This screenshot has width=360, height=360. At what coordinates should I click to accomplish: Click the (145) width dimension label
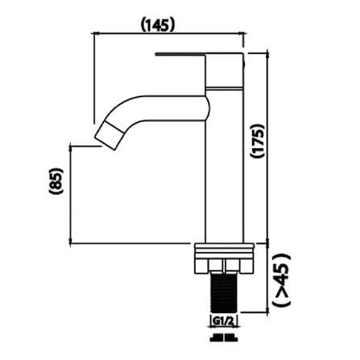(158, 25)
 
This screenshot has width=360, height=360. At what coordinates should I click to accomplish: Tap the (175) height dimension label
(258, 141)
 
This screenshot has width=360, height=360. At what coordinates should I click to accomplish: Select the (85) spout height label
(56, 180)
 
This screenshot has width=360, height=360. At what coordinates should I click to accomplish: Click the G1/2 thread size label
(222, 321)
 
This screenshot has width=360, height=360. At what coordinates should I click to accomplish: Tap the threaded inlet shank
(223, 293)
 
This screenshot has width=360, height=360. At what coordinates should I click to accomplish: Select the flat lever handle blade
(180, 54)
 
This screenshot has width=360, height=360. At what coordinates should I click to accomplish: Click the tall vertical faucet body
(225, 166)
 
